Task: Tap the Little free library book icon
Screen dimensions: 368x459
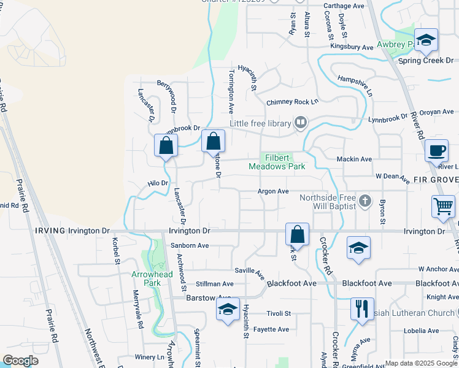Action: click(300, 123)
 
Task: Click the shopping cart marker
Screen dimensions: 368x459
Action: click(443, 207)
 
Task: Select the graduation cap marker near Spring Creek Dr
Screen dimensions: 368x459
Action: click(425, 40)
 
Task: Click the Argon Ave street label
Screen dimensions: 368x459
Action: click(273, 191)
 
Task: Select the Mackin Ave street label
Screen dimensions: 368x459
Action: click(354, 159)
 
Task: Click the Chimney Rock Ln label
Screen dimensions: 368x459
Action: click(293, 102)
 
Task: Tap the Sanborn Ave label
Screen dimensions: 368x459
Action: click(190, 245)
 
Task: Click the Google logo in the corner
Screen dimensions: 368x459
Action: click(20, 360)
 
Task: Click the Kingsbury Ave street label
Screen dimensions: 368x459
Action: click(352, 47)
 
